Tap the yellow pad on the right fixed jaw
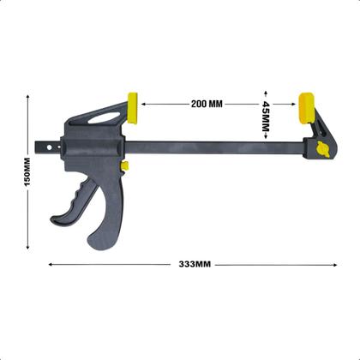(x=304, y=108)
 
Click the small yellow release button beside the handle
(x=124, y=165)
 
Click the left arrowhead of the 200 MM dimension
(x=144, y=104)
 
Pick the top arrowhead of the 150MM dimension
(x=28, y=96)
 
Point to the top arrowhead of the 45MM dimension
(x=267, y=93)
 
